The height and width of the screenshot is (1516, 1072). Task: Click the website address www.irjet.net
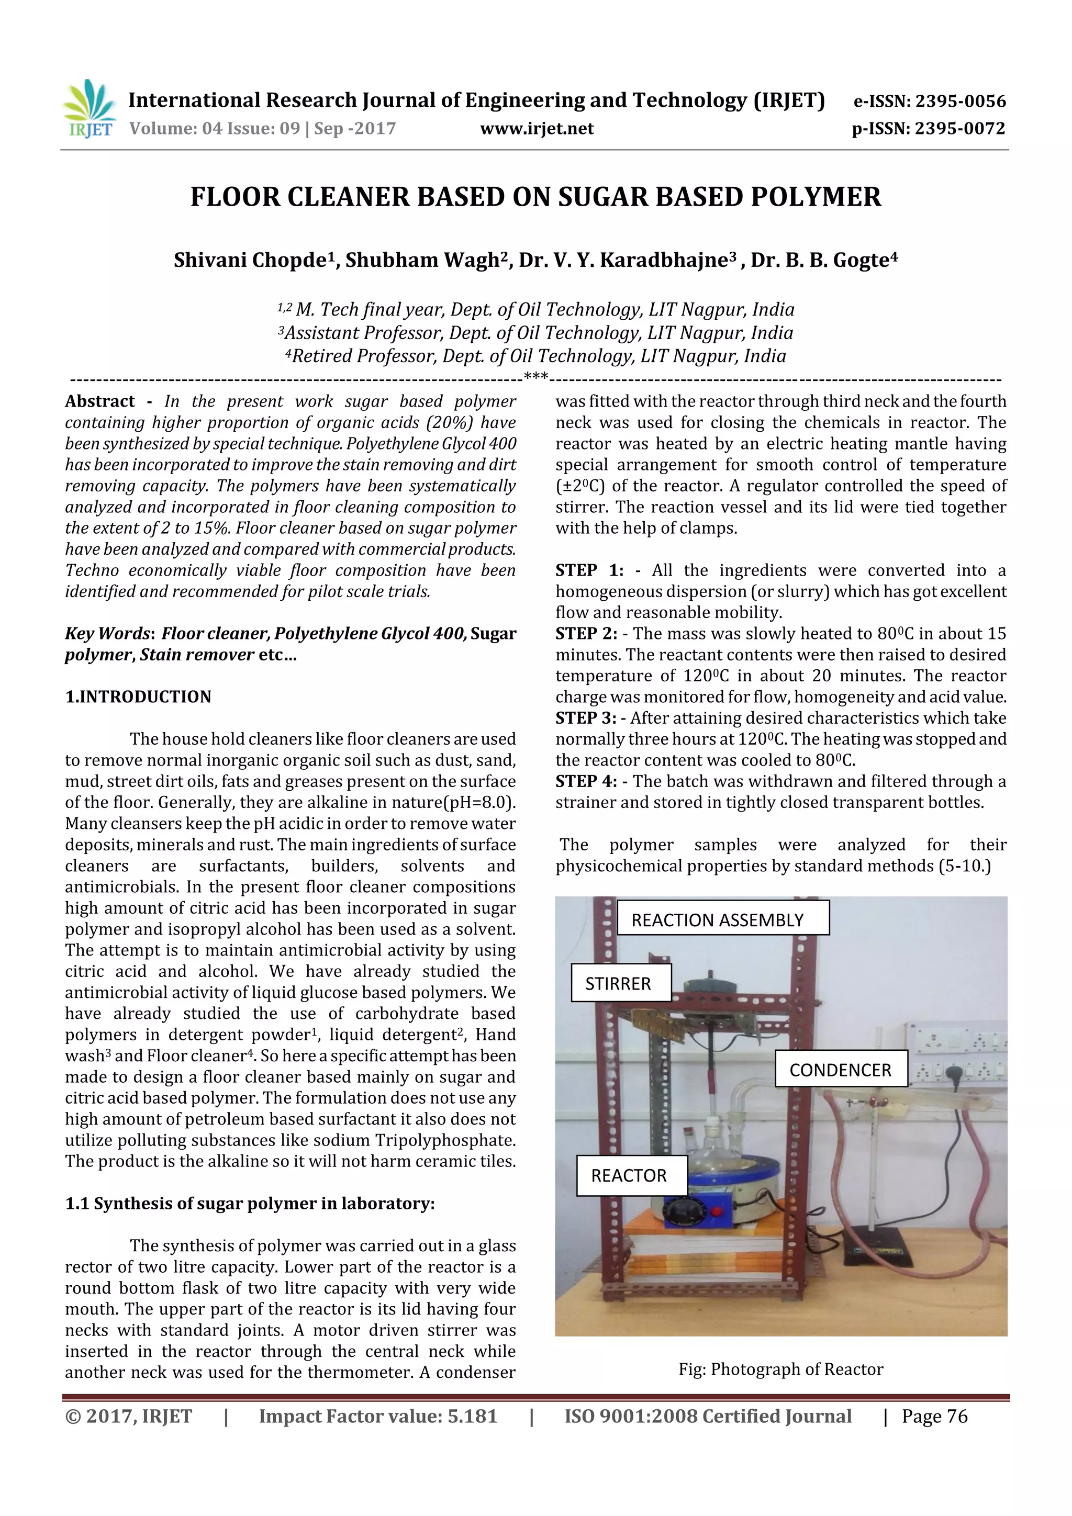pos(537,129)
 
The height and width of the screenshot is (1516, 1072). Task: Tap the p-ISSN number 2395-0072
pos(959,129)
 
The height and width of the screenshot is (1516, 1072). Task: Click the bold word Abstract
pos(100,401)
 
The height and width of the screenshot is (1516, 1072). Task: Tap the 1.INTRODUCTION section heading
pos(138,697)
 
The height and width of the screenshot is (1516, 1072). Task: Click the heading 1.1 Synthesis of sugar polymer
pos(250,1204)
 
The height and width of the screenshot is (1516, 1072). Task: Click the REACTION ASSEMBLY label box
pos(722,920)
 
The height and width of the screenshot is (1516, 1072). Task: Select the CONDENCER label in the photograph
pos(840,1070)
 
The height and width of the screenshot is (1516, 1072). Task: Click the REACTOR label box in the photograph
pos(631,1175)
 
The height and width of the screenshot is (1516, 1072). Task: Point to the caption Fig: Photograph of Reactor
pos(780,1369)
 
